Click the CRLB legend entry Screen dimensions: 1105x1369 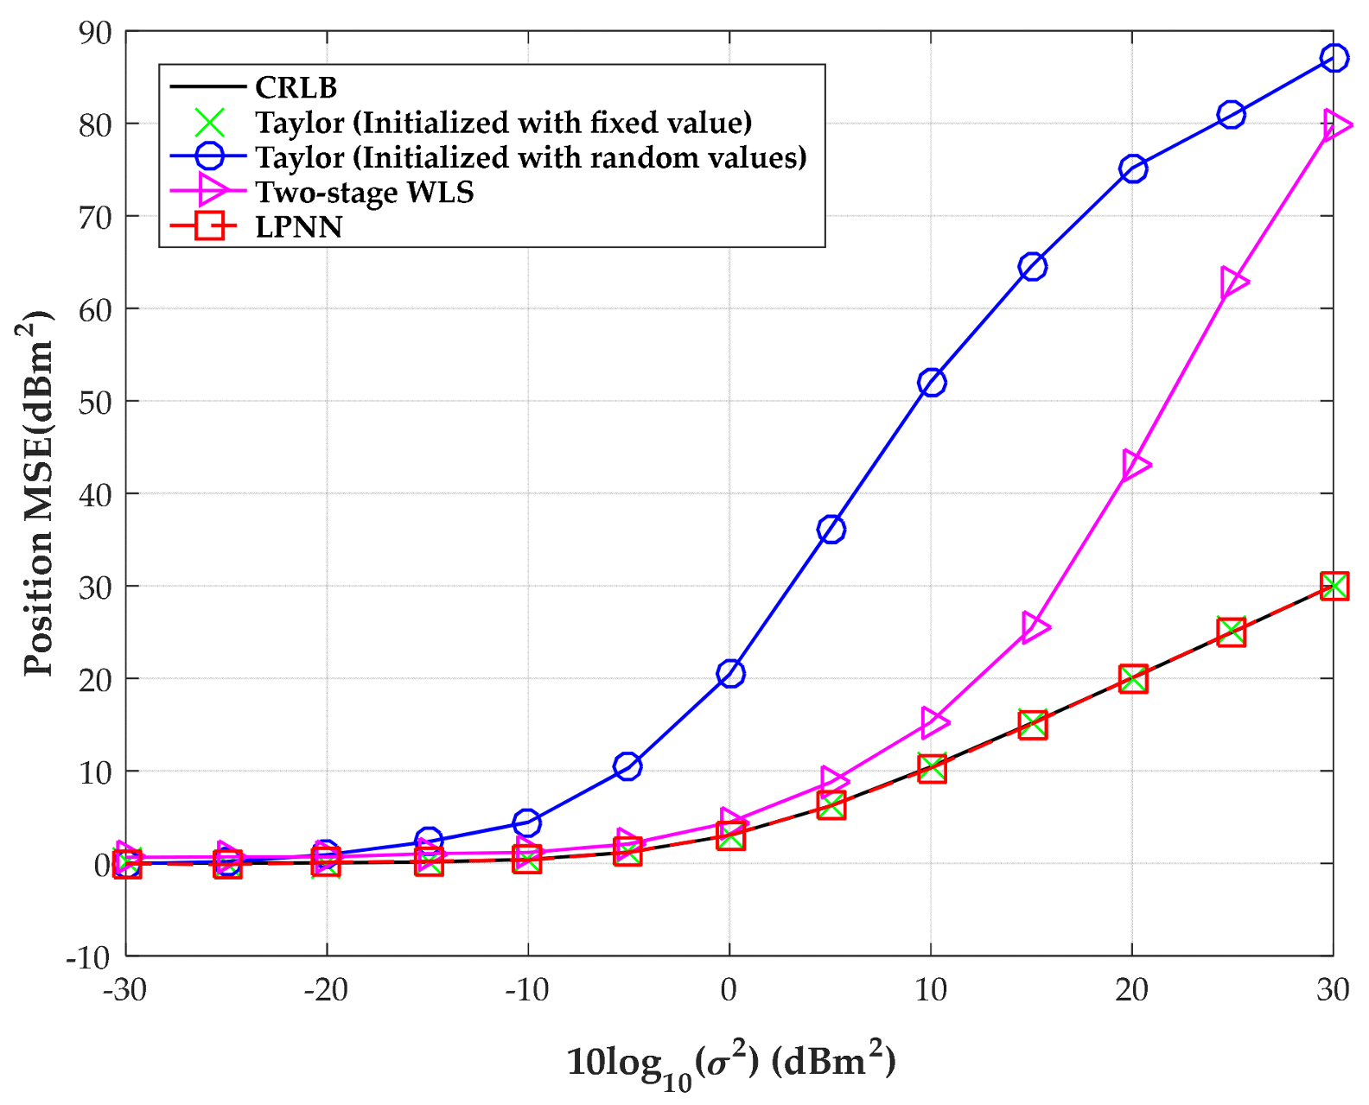point(296,87)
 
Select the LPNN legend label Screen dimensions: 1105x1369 point(298,227)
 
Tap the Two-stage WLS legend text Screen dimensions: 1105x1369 point(364,192)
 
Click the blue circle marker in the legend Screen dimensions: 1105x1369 point(209,157)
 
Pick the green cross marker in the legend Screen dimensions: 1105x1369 point(209,123)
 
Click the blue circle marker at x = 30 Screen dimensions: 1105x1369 point(1334,59)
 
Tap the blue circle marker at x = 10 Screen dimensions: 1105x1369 point(932,383)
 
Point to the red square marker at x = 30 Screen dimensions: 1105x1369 point(1334,587)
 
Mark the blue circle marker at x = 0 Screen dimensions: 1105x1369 point(730,674)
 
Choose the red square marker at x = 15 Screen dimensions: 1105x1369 point(1033,725)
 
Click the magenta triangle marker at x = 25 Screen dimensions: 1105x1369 point(1233,283)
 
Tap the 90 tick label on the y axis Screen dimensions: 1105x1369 point(95,33)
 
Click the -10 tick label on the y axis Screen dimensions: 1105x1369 point(89,957)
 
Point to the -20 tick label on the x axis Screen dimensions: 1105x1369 point(326,990)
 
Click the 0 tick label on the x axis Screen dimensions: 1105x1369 point(729,990)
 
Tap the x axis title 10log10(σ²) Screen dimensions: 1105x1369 point(730,1063)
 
